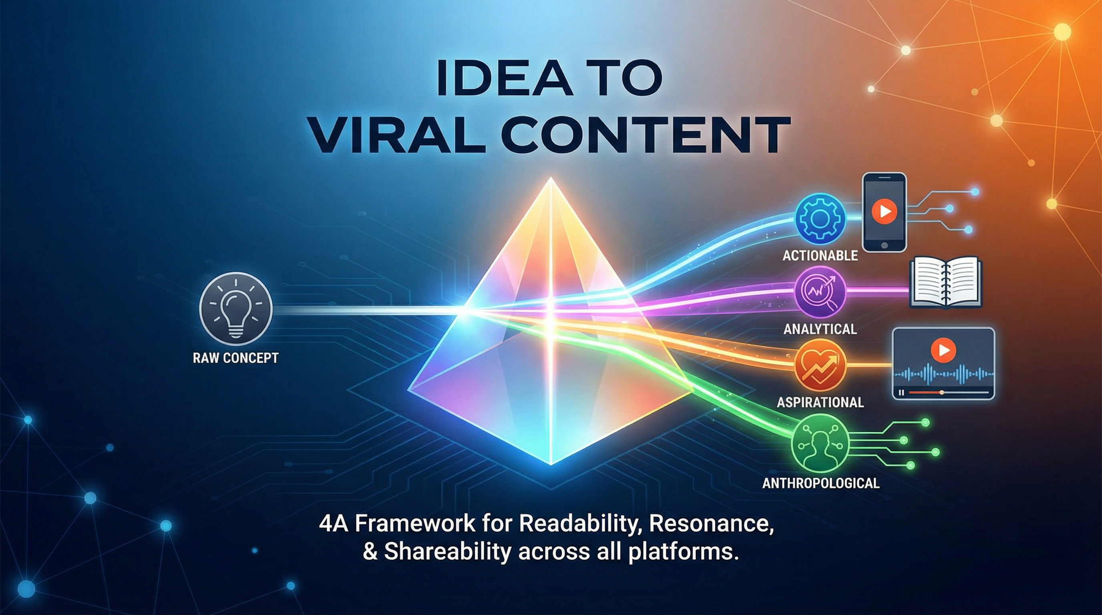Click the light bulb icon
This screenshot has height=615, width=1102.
235,308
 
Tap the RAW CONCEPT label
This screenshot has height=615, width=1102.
236,358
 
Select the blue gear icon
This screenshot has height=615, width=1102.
820,218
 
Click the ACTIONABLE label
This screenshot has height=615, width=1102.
820,256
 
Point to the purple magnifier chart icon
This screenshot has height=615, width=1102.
820,291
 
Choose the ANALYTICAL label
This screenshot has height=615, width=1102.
820,329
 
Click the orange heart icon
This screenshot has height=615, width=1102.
820,365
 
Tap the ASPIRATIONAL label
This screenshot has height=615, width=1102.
820,402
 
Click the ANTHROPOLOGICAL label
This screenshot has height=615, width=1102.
820,484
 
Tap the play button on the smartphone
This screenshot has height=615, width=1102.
884,211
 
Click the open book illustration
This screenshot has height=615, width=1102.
945,282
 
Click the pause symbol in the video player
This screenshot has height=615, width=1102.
902,392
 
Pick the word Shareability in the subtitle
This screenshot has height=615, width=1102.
447,551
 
